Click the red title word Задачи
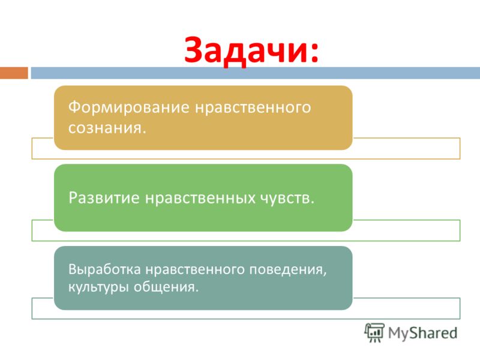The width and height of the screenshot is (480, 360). pos(247,50)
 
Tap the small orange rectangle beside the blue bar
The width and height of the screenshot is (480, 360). pos(14,73)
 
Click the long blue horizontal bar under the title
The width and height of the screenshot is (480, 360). pos(256,73)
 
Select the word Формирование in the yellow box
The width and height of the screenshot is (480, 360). pos(128,107)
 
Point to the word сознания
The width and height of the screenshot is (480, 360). pos(104,128)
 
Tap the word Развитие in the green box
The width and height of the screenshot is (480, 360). pos(104,198)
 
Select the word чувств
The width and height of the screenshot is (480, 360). pos(285,198)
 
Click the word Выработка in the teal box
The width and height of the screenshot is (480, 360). pos(104,269)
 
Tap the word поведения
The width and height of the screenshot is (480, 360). pos(286,270)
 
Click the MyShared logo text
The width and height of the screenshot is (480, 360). pos(423,333)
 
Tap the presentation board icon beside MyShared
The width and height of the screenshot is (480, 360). pos(374,332)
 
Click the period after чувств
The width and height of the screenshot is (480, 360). pos(312,203)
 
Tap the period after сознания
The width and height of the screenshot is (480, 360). pos(143,132)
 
